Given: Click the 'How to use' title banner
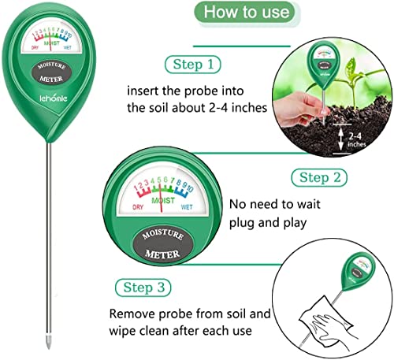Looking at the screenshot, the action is pos(247,12).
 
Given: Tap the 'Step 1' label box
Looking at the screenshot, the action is pos(193,65).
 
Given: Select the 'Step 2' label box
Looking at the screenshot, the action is pos(319,177).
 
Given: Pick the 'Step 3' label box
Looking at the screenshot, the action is pos(143,288).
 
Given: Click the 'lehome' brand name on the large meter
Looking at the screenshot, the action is pos(54,98).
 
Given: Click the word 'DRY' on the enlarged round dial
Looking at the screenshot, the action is pos(138,207).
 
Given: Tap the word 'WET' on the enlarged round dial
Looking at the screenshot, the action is pos(187,207).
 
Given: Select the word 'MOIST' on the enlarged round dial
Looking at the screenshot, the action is pos(163,201).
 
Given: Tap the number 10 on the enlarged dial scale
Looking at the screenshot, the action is pos(190,188).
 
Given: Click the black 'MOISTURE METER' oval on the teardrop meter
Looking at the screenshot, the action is pos(52,72).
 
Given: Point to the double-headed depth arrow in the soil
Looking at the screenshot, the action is pos(340,139).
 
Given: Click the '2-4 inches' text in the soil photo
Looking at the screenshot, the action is pos(356,140).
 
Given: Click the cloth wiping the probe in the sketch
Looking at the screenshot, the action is pos(326,317).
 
